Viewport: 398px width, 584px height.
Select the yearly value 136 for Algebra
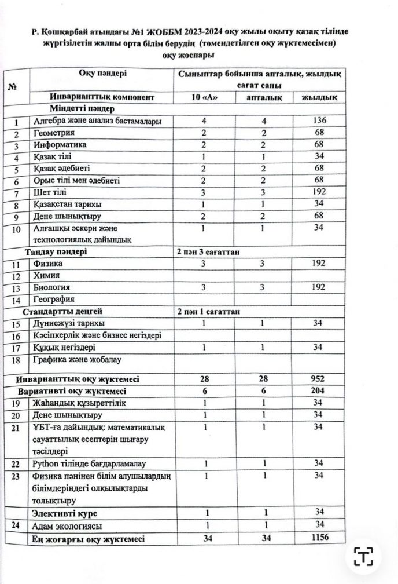(x=318, y=121)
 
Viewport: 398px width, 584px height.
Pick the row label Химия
(x=47, y=275)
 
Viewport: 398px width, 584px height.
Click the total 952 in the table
(x=318, y=379)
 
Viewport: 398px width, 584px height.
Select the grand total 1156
(x=318, y=538)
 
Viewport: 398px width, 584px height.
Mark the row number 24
(x=16, y=525)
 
